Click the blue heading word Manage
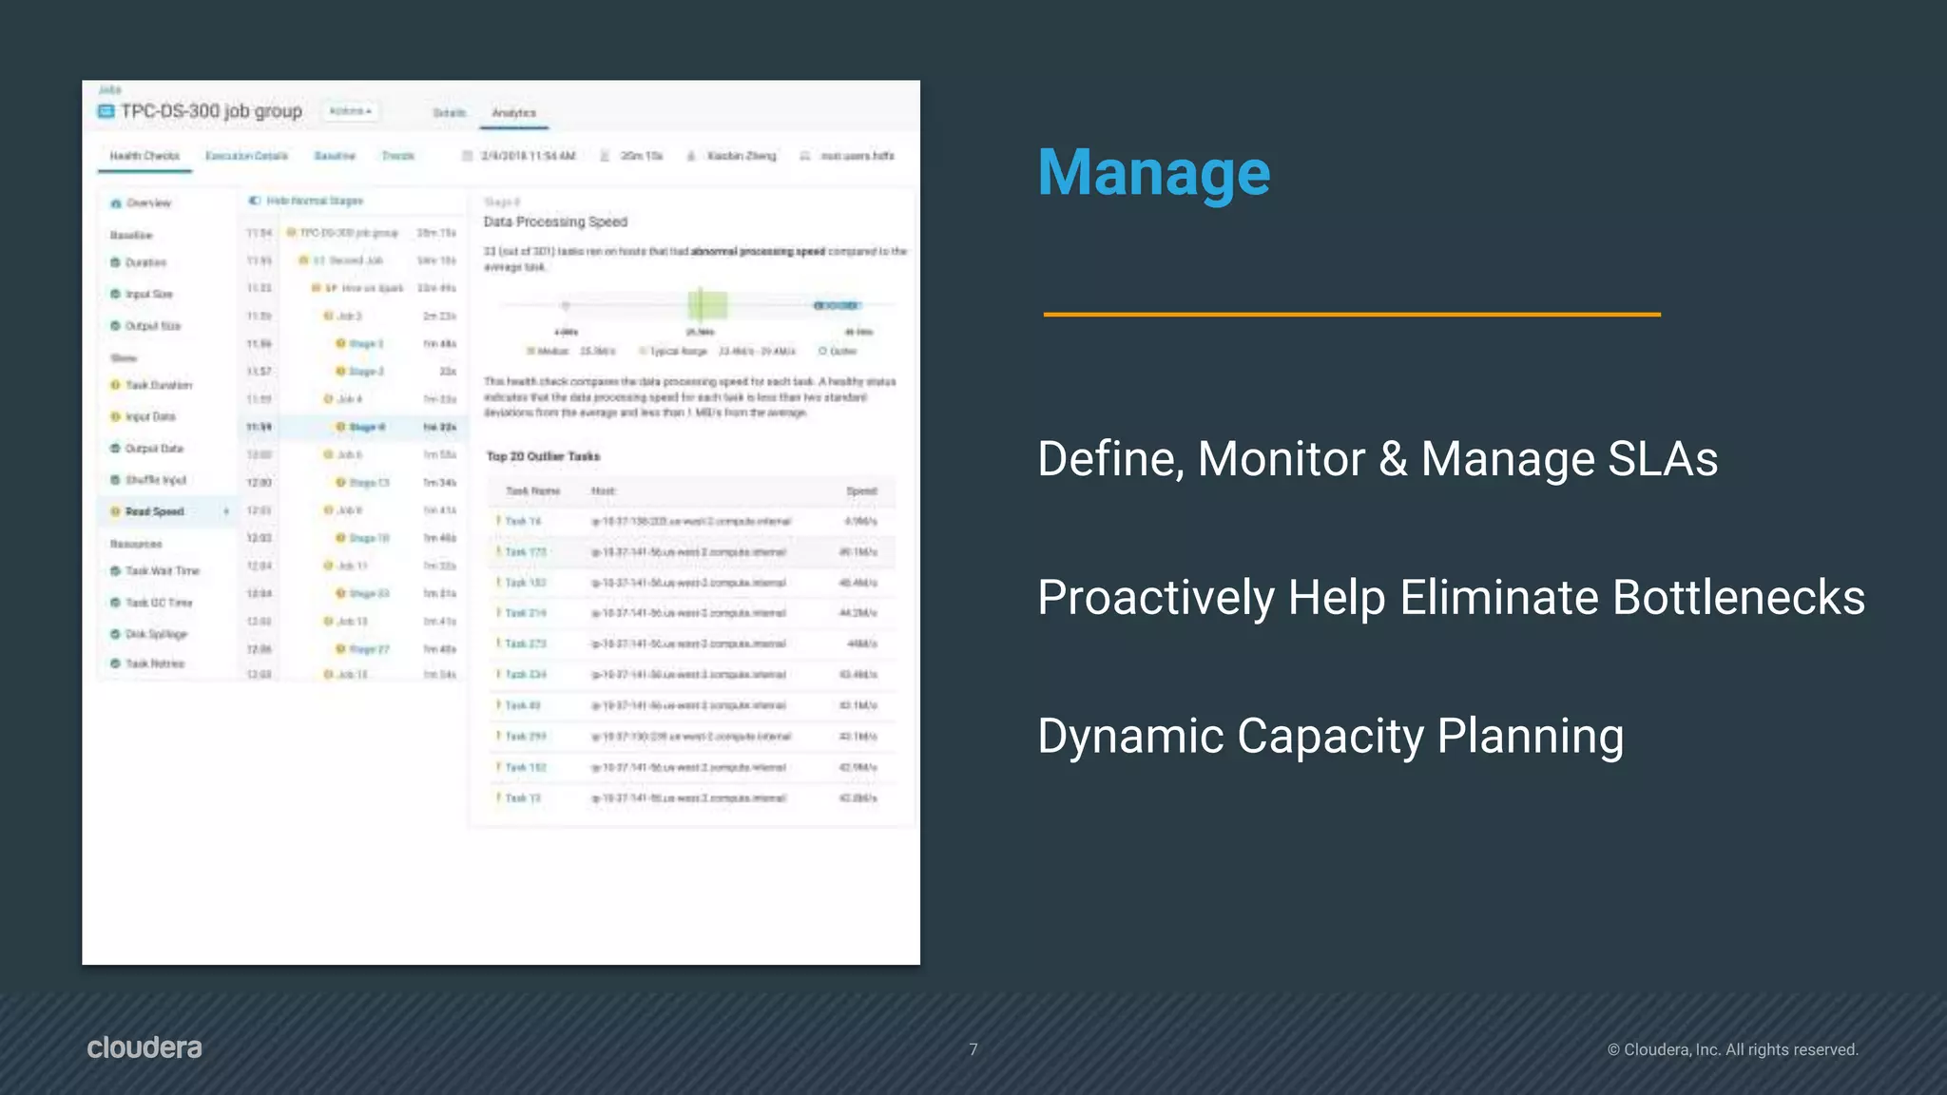pyautogui.click(x=1153, y=173)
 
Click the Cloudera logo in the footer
pyautogui.click(x=145, y=1047)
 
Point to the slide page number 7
pyautogui.click(x=973, y=1049)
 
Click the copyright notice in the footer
pyautogui.click(x=1732, y=1049)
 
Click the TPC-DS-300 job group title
pyautogui.click(x=210, y=111)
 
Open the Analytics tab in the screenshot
pyautogui.click(x=513, y=113)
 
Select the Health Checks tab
pyautogui.click(x=145, y=156)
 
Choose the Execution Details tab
pyautogui.click(x=246, y=156)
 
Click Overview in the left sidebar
pyautogui.click(x=148, y=203)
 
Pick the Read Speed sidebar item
pyautogui.click(x=154, y=511)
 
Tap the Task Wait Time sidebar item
pyautogui.click(x=162, y=571)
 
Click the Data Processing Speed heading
pyautogui.click(x=555, y=221)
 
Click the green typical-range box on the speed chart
pyautogui.click(x=707, y=305)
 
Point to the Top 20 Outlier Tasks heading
pyautogui.click(x=543, y=456)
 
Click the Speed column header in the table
pyautogui.click(x=861, y=491)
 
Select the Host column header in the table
pyautogui.click(x=603, y=491)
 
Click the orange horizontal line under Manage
pyautogui.click(x=1351, y=314)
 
